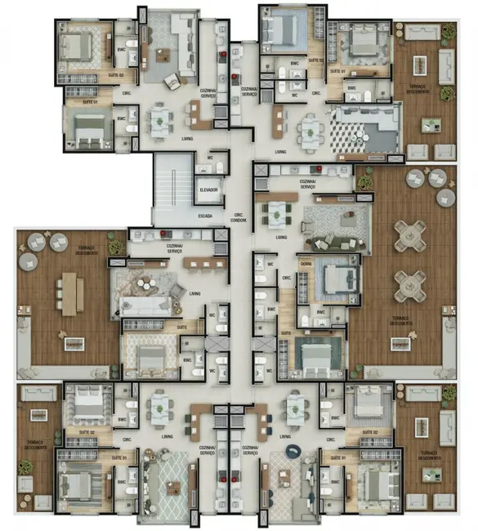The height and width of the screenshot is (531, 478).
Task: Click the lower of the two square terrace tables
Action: click(408, 285)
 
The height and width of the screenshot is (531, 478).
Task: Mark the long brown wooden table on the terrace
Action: click(69, 292)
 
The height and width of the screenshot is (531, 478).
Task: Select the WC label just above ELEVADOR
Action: click(211, 157)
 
